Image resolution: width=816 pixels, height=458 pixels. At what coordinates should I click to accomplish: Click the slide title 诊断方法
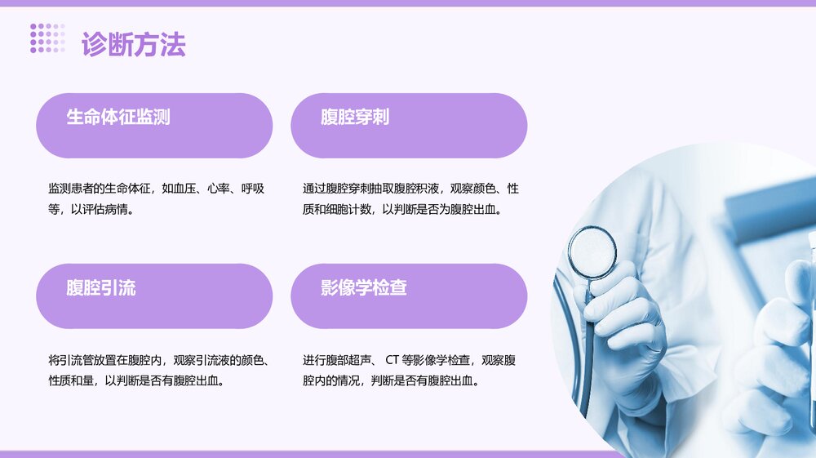134,44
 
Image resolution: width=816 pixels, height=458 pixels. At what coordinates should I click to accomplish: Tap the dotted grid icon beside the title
47,38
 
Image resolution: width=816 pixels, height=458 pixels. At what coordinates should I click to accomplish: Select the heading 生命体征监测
118,117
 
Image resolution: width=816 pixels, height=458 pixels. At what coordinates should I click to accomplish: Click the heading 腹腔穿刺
355,117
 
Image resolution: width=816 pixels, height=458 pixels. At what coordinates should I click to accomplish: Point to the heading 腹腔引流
101,287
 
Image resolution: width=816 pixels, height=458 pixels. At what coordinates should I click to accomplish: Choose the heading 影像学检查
364,287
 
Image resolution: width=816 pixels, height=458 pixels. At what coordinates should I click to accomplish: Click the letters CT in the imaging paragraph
392,360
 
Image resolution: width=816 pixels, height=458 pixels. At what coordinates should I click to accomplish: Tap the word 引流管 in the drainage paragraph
78,360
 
